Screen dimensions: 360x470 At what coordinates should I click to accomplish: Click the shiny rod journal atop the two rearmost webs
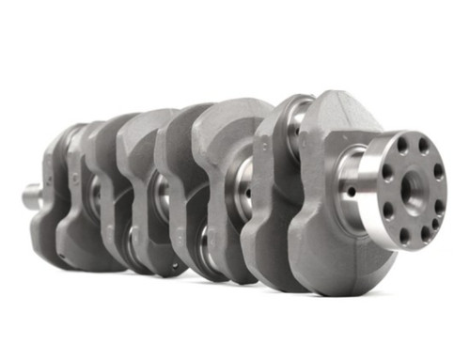click(300, 112)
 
